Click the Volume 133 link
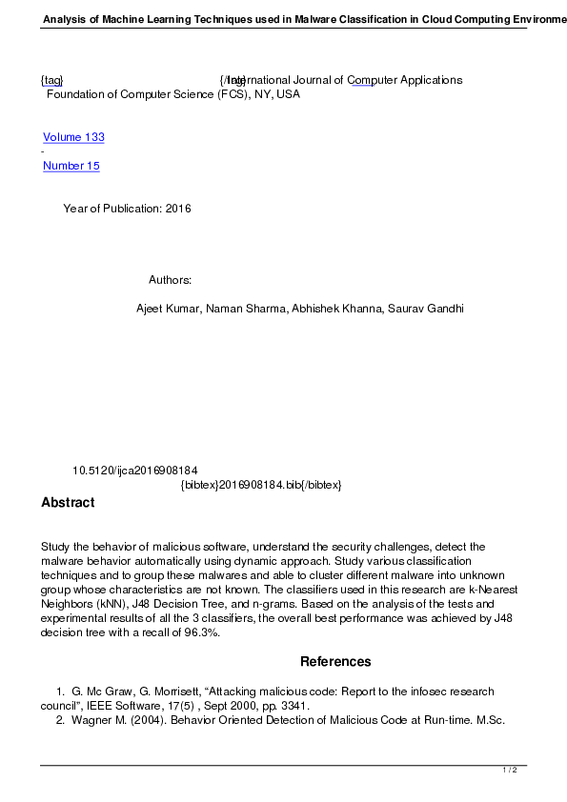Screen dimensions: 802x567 point(73,137)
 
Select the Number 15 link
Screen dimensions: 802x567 point(71,166)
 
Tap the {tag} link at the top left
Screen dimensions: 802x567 point(51,80)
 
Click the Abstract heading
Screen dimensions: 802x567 point(68,503)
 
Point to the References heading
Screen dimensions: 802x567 point(335,662)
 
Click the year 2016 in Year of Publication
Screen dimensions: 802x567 point(178,209)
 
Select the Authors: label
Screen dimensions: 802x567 point(171,280)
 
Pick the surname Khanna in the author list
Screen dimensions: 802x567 point(364,309)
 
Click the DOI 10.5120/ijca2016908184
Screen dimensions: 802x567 point(134,471)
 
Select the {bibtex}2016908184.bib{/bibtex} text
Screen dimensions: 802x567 point(261,485)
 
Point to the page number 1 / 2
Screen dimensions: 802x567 point(510,770)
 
